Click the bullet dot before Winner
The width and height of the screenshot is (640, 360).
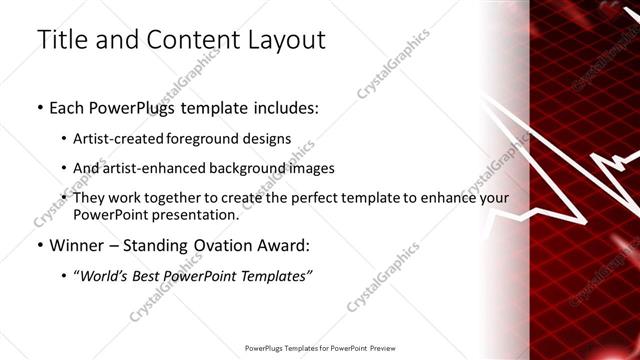(38, 245)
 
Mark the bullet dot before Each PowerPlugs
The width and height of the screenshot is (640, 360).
(38, 107)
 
